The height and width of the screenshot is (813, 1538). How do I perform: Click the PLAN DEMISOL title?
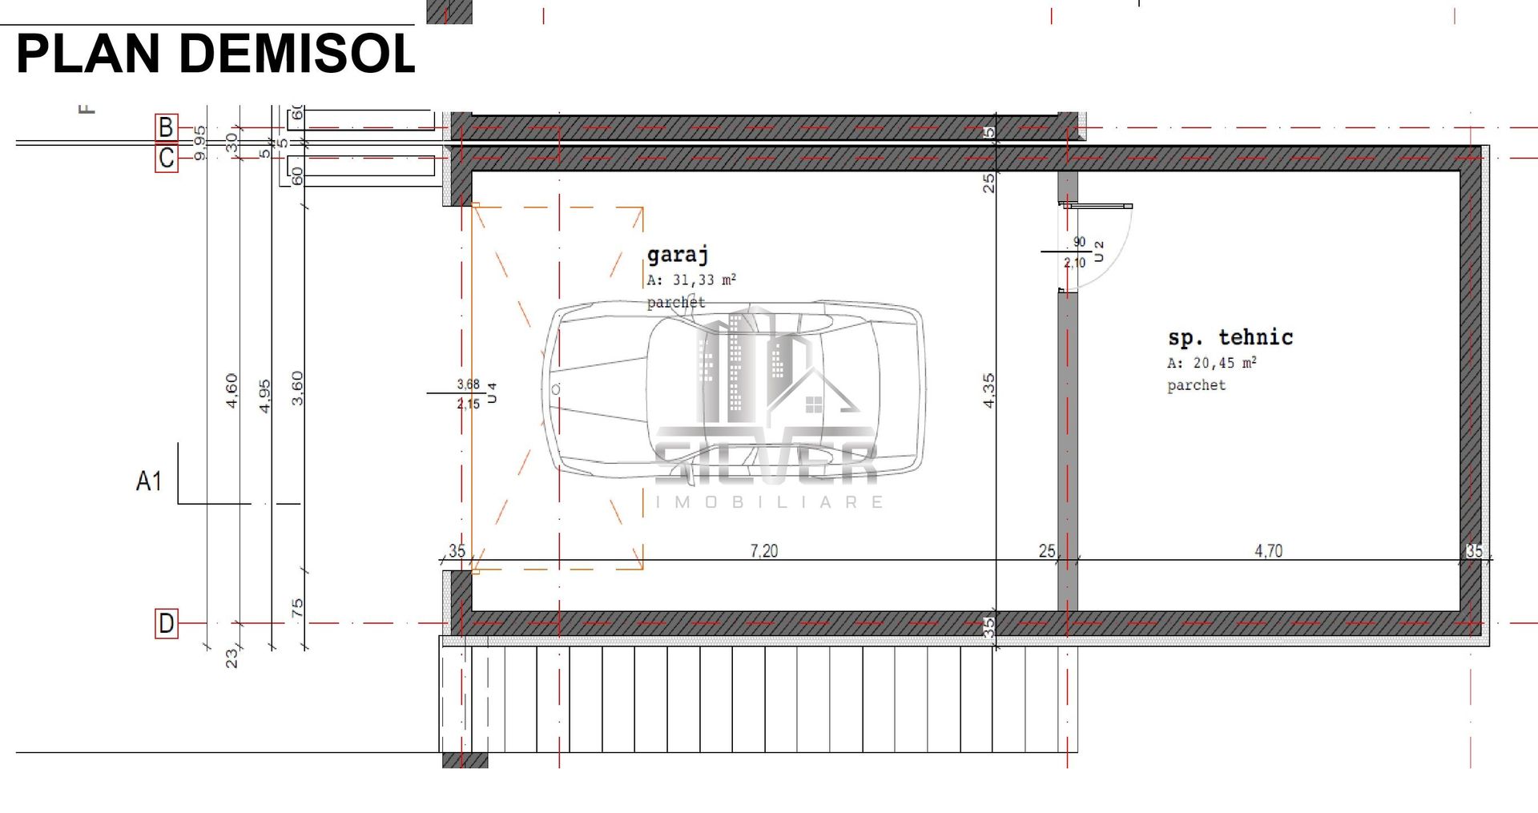point(215,54)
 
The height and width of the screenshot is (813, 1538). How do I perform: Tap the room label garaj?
point(678,255)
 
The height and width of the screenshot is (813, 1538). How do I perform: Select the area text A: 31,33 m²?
point(691,280)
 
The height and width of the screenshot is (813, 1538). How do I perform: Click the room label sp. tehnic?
point(1230,337)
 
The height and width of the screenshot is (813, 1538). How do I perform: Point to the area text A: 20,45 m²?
point(1211,363)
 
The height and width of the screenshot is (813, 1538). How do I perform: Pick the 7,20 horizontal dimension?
point(763,551)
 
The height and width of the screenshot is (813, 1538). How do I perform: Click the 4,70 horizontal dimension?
point(1268,551)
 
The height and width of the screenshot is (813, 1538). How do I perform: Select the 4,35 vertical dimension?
point(989,391)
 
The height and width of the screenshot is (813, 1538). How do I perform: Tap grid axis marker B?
point(166,127)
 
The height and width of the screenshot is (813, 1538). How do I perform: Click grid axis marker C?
point(166,158)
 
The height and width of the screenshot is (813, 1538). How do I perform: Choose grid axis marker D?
point(166,623)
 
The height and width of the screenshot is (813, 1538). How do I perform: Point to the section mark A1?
point(149,481)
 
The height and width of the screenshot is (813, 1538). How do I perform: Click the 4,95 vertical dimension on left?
point(265,396)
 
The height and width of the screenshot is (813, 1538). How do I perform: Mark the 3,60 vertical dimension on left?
point(297,388)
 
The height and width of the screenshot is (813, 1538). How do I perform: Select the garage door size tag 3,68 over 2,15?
point(469,394)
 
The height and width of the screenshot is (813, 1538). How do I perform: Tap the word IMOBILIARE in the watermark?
point(769,502)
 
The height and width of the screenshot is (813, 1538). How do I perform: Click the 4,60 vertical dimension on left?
point(232,391)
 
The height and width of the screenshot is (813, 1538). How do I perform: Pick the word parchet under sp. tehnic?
point(1196,385)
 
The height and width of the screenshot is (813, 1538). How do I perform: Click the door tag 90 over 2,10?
point(1076,252)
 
